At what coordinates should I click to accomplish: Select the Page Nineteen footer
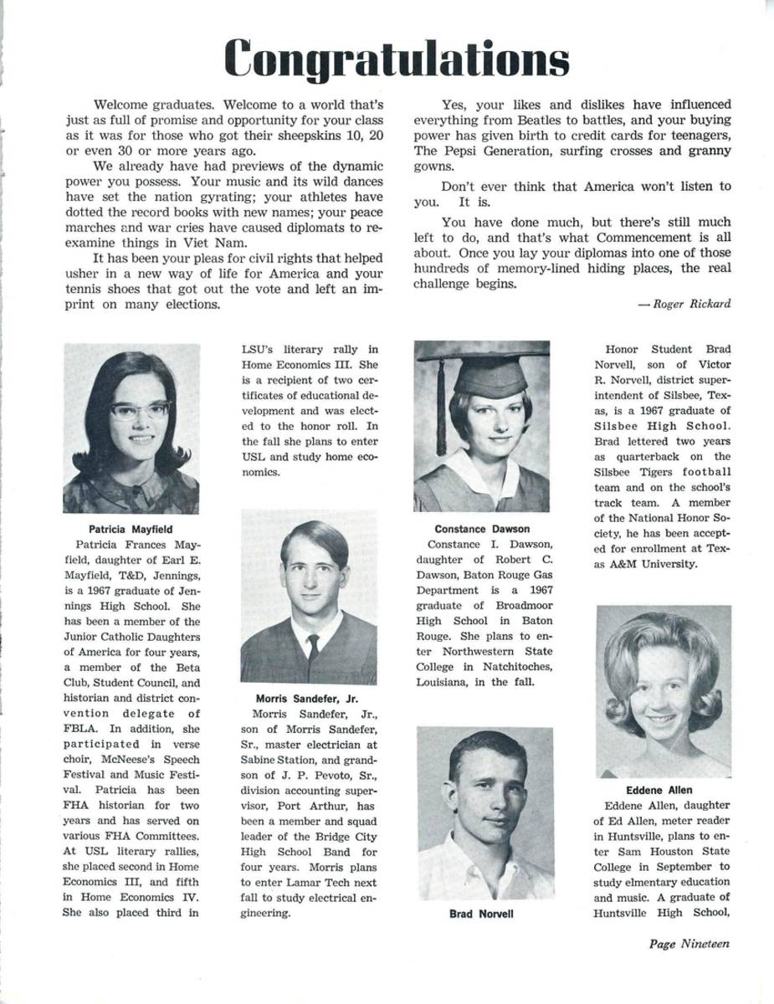689,944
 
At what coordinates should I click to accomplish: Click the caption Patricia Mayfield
130,529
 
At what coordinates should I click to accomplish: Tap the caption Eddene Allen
659,790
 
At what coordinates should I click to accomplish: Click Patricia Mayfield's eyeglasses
140,411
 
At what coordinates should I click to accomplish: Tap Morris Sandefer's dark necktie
312,646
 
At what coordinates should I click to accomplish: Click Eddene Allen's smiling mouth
660,719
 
